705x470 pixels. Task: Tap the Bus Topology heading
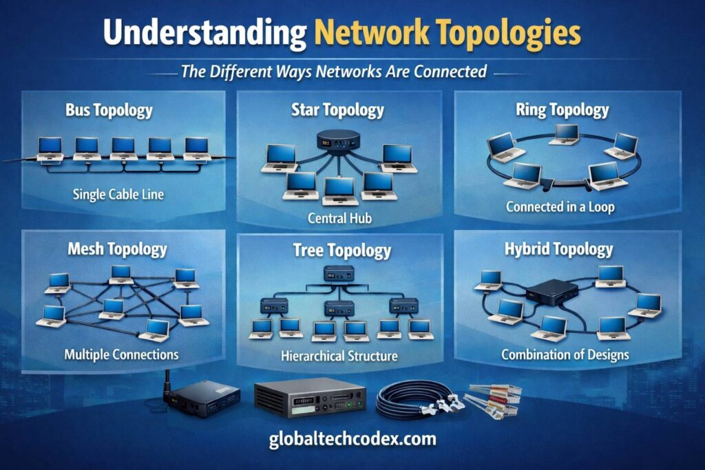[109, 110]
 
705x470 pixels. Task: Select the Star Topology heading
[337, 110]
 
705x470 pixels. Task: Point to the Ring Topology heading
[562, 110]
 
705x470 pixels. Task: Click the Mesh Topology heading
[117, 248]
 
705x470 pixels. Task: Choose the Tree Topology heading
[341, 249]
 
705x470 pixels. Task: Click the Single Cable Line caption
[118, 194]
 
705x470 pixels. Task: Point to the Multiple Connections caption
[121, 355]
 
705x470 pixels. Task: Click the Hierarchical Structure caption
[339, 356]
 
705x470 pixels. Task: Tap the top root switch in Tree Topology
[339, 273]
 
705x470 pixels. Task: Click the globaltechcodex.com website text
[352, 439]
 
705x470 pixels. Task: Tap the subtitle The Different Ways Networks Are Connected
[334, 72]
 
